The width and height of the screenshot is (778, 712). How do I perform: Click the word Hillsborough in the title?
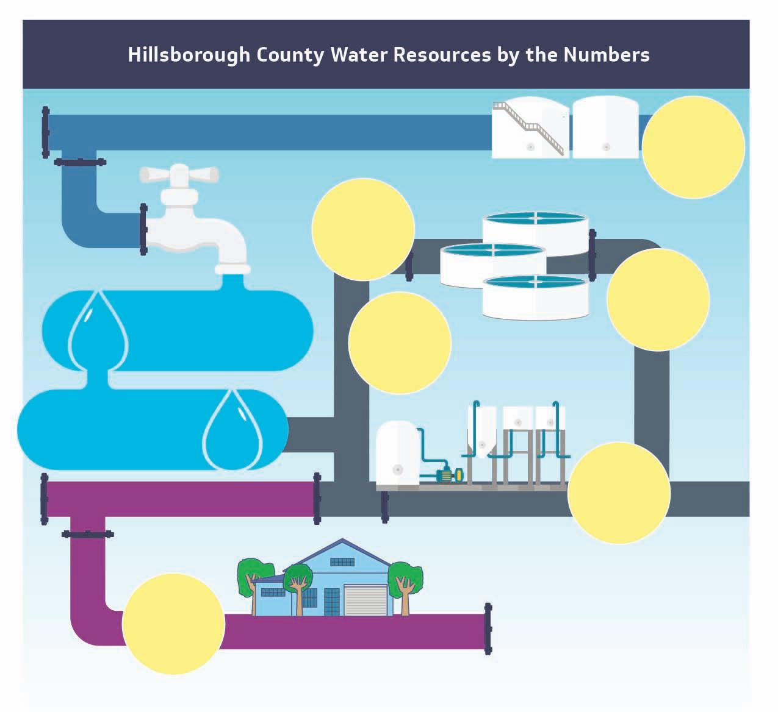point(189,55)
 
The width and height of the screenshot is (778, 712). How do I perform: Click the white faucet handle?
point(179,174)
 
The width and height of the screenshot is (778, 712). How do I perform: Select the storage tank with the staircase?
point(530,129)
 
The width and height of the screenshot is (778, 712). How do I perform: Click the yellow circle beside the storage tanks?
point(693,147)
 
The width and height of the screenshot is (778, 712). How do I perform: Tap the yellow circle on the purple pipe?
point(174,624)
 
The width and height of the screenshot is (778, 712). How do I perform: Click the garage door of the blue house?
point(366,600)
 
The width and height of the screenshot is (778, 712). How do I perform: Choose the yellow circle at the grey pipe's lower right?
point(619,493)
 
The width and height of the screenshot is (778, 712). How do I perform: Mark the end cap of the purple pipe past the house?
point(488,628)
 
